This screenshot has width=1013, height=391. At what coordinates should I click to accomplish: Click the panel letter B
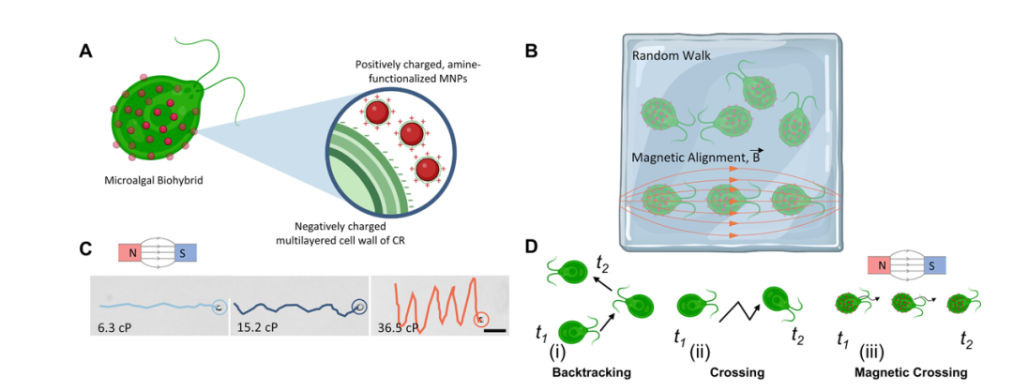tap(530, 53)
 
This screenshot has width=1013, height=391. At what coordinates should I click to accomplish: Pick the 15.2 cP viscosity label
tap(255, 327)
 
